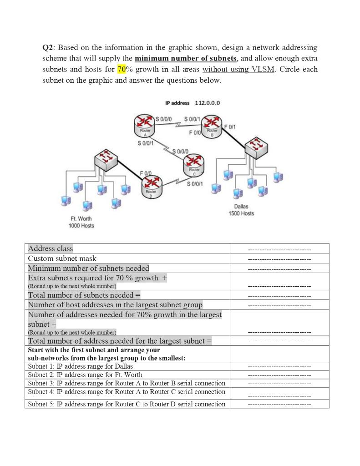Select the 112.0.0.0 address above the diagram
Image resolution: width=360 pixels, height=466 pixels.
click(207, 102)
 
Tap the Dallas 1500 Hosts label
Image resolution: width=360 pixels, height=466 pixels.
click(241, 210)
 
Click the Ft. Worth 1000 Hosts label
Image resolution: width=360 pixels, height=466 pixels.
click(81, 222)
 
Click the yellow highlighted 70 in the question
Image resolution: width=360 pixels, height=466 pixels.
click(122, 70)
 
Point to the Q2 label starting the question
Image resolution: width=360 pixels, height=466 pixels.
click(48, 48)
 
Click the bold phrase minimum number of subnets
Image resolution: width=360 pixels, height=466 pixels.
click(186, 59)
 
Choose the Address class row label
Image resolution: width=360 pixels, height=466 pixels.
click(51, 248)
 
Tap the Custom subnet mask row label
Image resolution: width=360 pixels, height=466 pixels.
click(62, 258)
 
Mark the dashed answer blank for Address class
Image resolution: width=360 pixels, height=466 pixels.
click(279, 249)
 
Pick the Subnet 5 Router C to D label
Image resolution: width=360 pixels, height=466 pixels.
click(127, 404)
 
